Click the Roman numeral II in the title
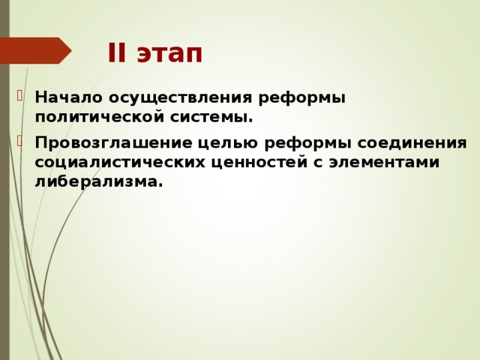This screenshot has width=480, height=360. (x=118, y=54)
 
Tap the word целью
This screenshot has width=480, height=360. (x=211, y=143)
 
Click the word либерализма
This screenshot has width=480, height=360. (x=97, y=181)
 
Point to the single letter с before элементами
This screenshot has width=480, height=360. (x=318, y=163)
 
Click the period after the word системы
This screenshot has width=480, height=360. (x=250, y=120)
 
